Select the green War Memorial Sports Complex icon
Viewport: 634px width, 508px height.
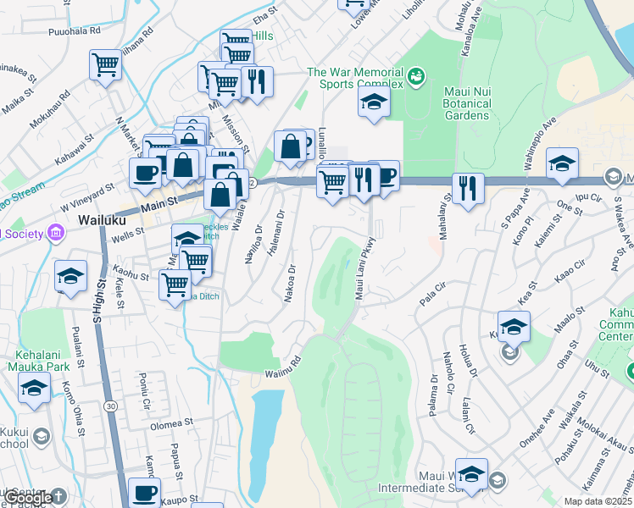click(415, 78)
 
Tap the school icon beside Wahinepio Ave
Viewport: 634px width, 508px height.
click(562, 163)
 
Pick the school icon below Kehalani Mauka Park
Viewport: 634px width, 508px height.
click(34, 389)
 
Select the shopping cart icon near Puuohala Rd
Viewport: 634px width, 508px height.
click(105, 63)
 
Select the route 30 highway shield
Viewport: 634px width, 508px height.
click(112, 406)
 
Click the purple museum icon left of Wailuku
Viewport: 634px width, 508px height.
click(56, 232)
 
